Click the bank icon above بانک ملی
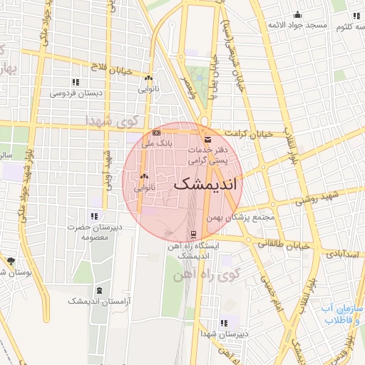(157, 133)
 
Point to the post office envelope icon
(207, 139)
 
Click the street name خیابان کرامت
(249, 134)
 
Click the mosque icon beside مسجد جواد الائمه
(297, 14)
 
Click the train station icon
(193, 234)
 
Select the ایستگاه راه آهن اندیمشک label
(194, 250)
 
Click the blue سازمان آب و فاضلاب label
(341, 314)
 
